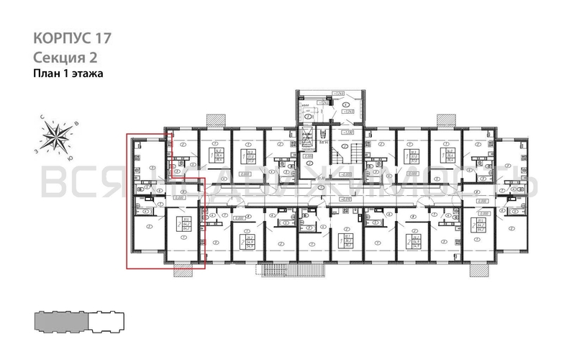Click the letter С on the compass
pyautogui.click(x=42, y=117)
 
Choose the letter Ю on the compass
pyautogui.click(x=69, y=156)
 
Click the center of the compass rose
pyautogui.click(x=56, y=136)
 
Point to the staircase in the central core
pyautogui.click(x=355, y=154)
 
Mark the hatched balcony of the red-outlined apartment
pyautogui.click(x=183, y=269)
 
